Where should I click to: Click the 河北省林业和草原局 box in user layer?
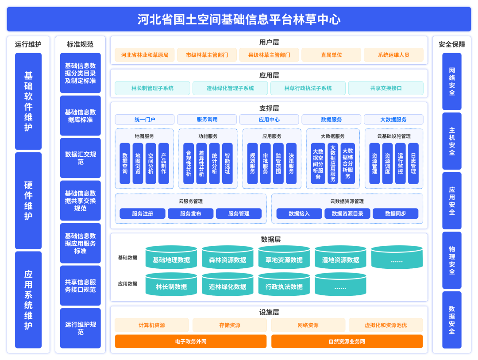coord(145,55)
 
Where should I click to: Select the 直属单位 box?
coord(332,55)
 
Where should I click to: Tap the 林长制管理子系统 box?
coord(153,88)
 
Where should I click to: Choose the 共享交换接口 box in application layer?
coord(386,88)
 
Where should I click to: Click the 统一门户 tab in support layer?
coord(145,120)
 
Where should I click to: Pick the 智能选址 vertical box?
coord(227,163)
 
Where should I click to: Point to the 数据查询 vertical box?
coord(125,163)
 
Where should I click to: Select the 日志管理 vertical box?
coord(413,163)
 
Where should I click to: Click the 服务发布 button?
coord(191,214)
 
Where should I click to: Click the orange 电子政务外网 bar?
coord(191,341)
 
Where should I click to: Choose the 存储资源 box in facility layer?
coord(230,325)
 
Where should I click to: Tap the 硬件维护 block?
coord(28,201)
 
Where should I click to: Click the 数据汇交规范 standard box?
coord(81,158)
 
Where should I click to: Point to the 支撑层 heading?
coord(269,108)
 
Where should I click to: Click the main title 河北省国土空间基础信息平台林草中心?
coord(239,19)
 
